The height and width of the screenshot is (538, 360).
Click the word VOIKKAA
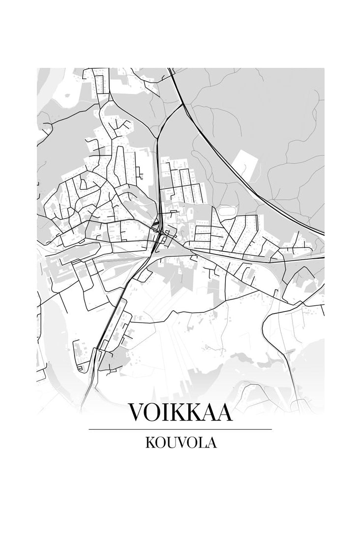click(180, 413)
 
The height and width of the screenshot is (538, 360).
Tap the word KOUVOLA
click(180, 442)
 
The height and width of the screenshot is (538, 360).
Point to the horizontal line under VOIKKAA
click(180, 429)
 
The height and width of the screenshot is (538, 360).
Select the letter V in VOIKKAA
click(136, 413)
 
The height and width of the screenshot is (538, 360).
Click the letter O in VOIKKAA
click(154, 413)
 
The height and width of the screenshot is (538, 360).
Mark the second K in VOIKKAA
click(196, 413)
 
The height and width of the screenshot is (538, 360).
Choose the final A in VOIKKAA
click(224, 413)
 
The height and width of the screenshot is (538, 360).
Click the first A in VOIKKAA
click(210, 413)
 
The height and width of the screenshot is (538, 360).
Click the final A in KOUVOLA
click(211, 442)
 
